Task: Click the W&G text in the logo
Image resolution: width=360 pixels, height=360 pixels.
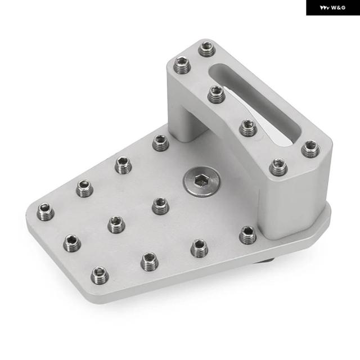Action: click(339, 8)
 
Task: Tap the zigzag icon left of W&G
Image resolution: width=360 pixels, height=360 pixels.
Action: click(325, 8)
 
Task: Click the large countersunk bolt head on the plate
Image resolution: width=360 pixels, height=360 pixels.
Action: click(201, 182)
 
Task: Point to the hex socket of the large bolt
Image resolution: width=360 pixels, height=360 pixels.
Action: click(201, 181)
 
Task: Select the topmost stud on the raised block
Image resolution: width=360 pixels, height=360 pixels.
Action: click(207, 49)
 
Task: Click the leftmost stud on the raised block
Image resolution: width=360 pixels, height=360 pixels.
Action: click(182, 65)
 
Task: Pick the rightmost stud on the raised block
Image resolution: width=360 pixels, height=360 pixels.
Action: click(310, 149)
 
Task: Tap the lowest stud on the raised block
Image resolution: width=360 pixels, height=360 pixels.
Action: click(278, 166)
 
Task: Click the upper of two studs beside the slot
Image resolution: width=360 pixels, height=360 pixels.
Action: click(216, 94)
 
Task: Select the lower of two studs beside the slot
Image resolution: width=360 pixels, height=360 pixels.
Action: click(248, 128)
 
